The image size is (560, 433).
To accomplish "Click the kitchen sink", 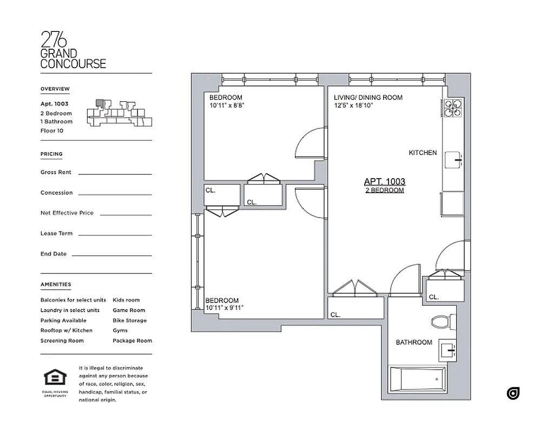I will (453, 161).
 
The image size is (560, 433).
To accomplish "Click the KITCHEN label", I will (423, 153).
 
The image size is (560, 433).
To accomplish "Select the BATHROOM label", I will (414, 342).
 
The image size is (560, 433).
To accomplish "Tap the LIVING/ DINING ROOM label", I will (368, 97).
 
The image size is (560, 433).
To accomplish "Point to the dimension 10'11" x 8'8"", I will (228, 106).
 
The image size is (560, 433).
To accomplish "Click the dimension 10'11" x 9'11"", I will (225, 308).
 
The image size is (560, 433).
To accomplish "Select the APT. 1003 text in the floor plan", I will (385, 182).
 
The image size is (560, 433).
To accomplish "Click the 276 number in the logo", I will (54, 40).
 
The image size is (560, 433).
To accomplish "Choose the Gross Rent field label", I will (56, 172).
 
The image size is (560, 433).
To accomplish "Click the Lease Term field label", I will (56, 233).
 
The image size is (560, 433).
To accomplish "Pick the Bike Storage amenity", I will (129, 320).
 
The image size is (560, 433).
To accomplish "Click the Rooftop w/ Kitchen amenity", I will (66, 330).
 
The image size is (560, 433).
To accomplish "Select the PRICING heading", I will (51, 154).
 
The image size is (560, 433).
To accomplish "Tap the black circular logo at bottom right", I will (513, 393).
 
